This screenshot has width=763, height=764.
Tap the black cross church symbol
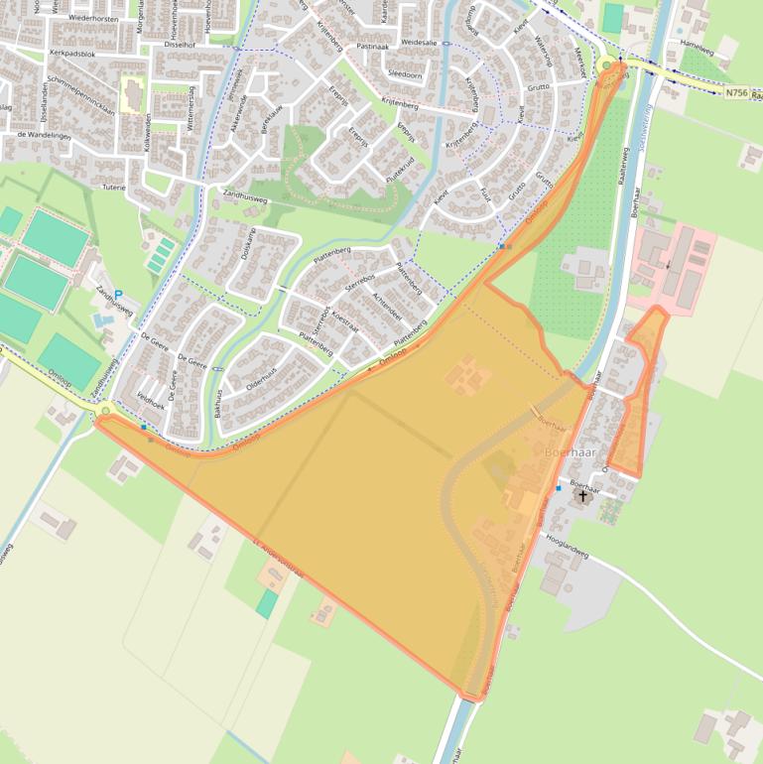pyautogui.click(x=582, y=495)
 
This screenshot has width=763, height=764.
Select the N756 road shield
pyautogui.click(x=735, y=92)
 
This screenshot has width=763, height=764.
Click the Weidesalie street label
pyautogui.click(x=418, y=44)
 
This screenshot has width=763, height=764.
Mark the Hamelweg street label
pyautogui.click(x=699, y=46)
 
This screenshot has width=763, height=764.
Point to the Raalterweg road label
pyautogui.click(x=624, y=169)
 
